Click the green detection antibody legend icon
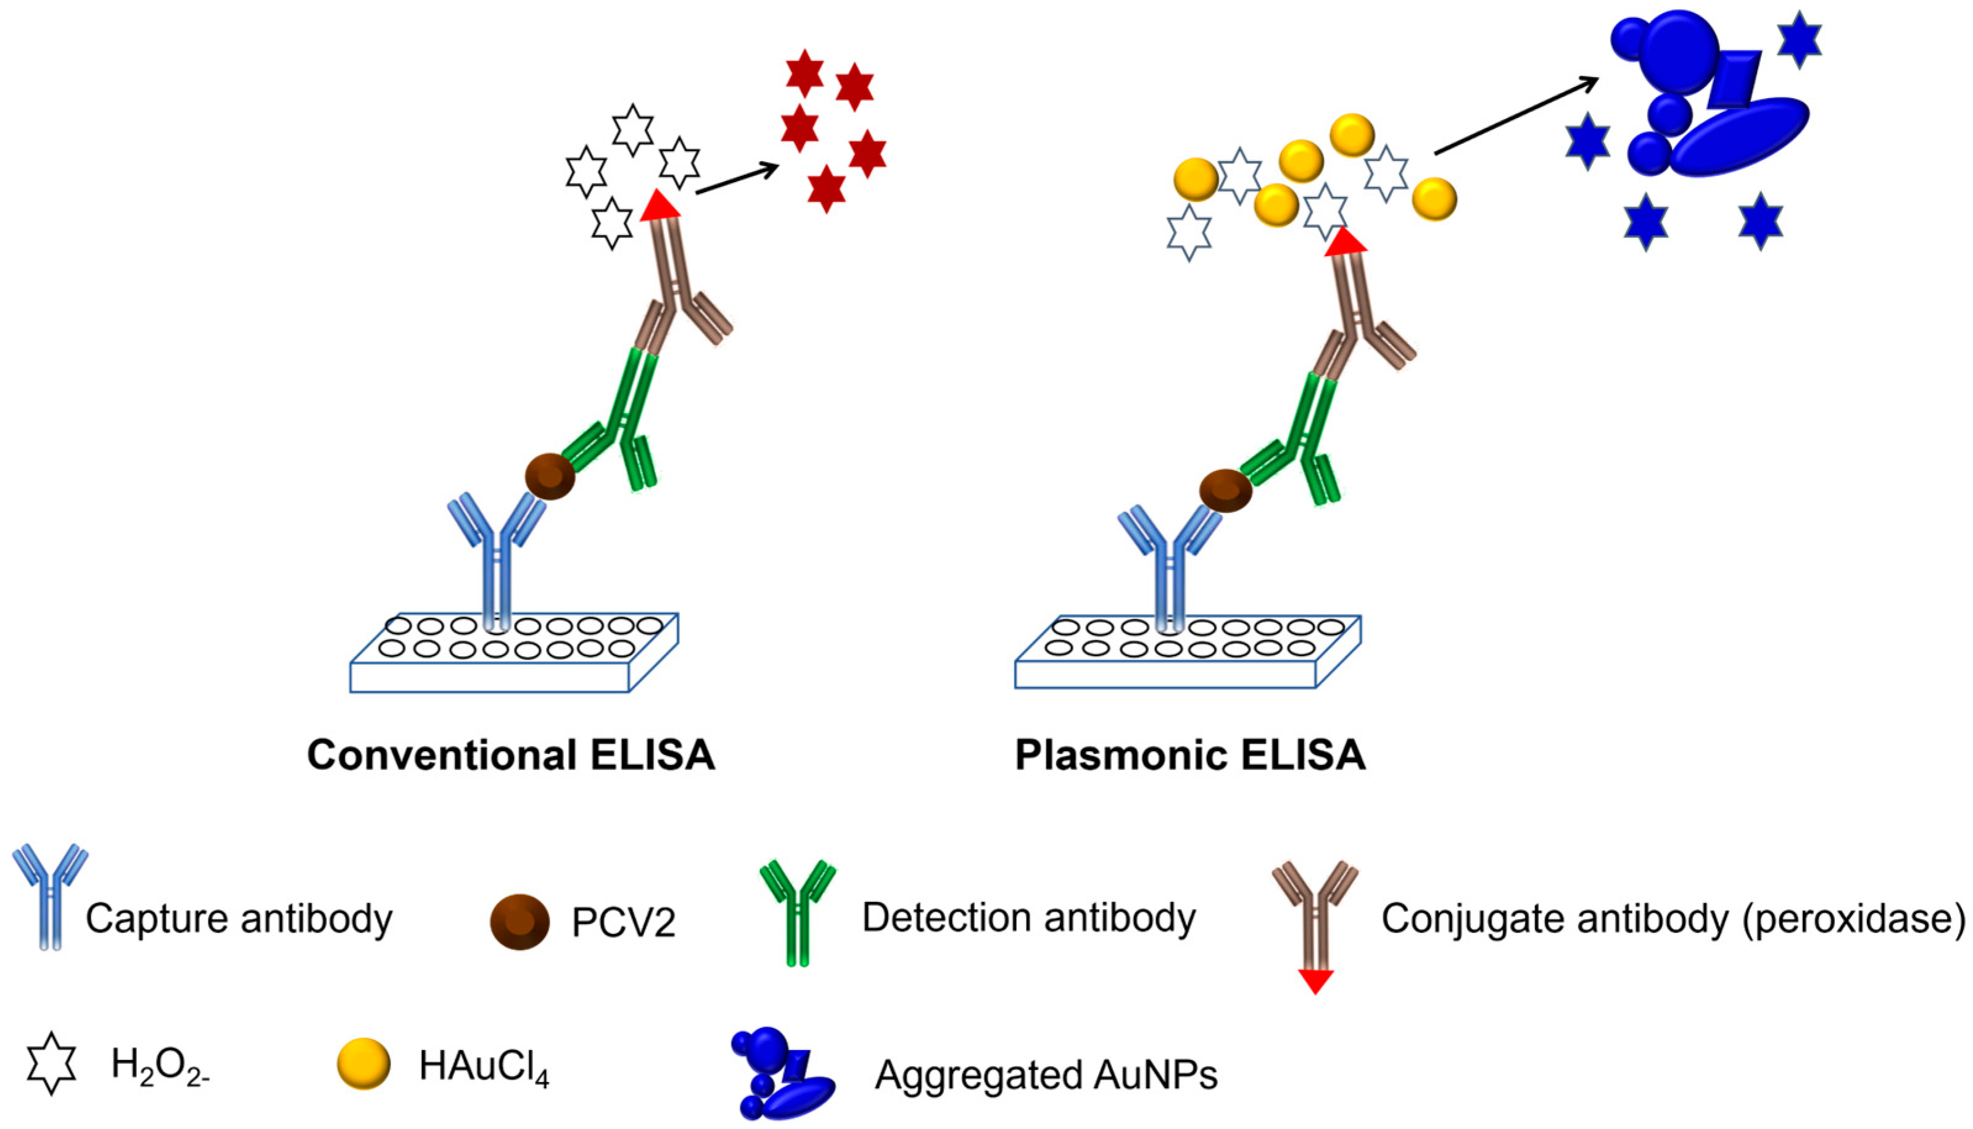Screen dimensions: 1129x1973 (798, 911)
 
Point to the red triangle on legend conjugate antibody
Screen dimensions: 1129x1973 (1315, 981)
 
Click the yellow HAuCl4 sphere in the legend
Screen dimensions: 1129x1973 (363, 1064)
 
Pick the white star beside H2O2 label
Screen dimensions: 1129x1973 (52, 1063)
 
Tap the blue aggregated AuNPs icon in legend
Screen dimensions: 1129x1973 (783, 1073)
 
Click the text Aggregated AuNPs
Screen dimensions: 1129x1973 (1046, 1075)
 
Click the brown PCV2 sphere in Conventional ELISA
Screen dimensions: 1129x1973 (550, 476)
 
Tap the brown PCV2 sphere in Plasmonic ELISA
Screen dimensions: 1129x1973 (1225, 491)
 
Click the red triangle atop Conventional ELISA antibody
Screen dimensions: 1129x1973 (660, 206)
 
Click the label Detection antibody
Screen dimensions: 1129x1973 (1028, 918)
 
